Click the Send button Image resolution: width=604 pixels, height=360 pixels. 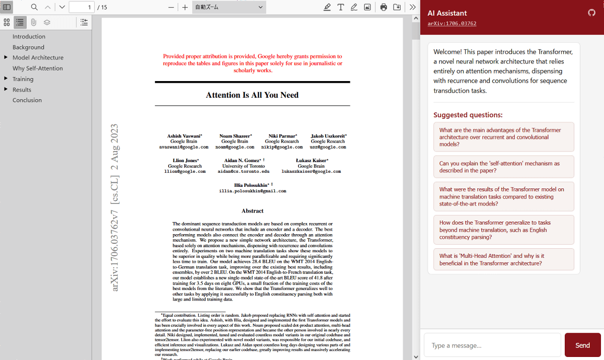click(582, 345)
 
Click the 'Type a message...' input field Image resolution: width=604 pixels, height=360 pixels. click(492, 345)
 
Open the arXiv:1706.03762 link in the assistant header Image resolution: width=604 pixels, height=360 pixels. click(451, 24)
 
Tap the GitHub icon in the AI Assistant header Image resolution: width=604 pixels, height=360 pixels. click(591, 13)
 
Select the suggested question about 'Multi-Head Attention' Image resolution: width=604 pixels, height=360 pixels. click(503, 260)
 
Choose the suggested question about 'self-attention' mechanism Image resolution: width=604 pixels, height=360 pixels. click(503, 167)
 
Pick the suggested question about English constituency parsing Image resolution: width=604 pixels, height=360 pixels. click(503, 230)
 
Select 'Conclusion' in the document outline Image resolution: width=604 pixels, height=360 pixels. click(27, 100)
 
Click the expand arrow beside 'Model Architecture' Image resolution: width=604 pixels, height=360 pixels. click(6, 57)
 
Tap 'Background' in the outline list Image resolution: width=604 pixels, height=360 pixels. click(28, 47)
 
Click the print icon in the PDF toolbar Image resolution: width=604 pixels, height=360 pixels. click(384, 7)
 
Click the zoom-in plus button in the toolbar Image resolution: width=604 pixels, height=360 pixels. click(185, 7)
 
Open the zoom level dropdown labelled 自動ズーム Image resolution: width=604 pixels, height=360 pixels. click(229, 7)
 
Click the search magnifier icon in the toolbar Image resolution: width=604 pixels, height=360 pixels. click(34, 7)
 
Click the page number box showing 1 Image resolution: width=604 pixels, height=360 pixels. click(82, 7)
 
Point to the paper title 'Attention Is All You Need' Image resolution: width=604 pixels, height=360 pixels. click(252, 95)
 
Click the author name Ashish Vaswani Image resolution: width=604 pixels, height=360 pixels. click(184, 136)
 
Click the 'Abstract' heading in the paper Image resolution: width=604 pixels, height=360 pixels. click(252, 211)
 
